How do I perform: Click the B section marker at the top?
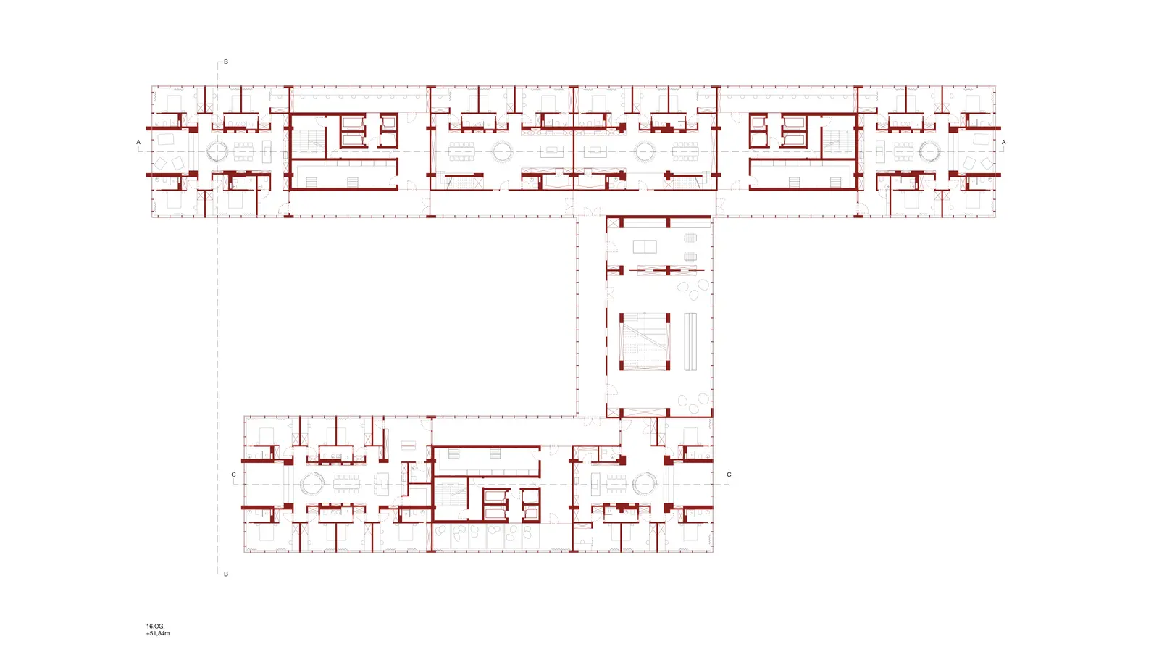[x=225, y=62]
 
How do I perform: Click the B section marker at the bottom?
[x=225, y=574]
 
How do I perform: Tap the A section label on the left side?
[x=138, y=142]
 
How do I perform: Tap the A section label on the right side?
[x=1003, y=142]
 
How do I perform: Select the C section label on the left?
[x=234, y=475]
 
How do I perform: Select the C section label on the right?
[x=729, y=475]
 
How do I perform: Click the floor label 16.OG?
[x=155, y=626]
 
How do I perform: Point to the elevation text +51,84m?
[x=158, y=633]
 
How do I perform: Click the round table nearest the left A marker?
[x=217, y=152]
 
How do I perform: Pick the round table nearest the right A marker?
[x=929, y=152]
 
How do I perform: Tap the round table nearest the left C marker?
[x=312, y=485]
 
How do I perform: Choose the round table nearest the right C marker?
[x=645, y=485]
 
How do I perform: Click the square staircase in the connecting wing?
[x=645, y=341]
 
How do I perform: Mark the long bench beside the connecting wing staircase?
[x=690, y=341]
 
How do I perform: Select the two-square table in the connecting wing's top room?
[x=645, y=246]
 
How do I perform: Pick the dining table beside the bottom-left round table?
[x=346, y=485]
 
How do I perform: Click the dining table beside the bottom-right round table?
[x=616, y=485]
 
